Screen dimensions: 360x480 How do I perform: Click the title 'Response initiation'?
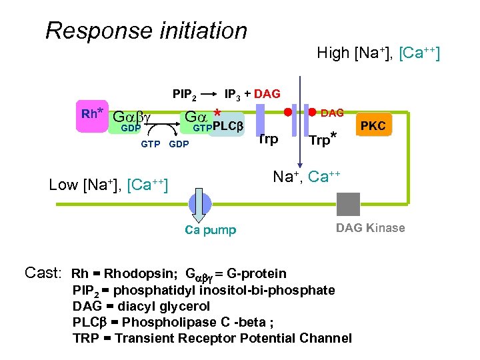[146, 31]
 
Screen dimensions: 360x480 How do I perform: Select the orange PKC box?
[373, 125]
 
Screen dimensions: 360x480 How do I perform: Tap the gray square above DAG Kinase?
[348, 204]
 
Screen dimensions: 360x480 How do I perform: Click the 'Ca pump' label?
[210, 230]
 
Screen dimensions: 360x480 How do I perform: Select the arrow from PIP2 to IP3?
[209, 94]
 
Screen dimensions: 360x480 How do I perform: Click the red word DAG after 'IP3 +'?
[267, 94]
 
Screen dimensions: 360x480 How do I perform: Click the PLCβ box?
[227, 127]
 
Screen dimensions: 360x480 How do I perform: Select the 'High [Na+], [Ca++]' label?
[378, 53]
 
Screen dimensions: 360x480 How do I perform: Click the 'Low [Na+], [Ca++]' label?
[108, 185]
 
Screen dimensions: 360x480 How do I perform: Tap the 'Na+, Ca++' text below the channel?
[307, 177]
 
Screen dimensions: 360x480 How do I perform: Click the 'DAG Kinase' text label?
[370, 228]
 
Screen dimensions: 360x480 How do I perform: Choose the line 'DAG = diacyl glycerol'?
[141, 306]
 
